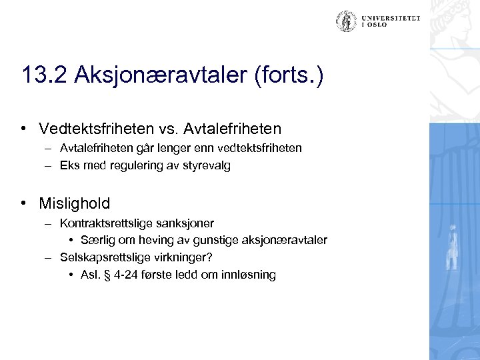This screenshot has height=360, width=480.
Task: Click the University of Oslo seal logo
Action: [345, 23]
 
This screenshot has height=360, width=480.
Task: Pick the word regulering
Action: [132, 166]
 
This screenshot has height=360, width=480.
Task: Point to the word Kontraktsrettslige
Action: [101, 223]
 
